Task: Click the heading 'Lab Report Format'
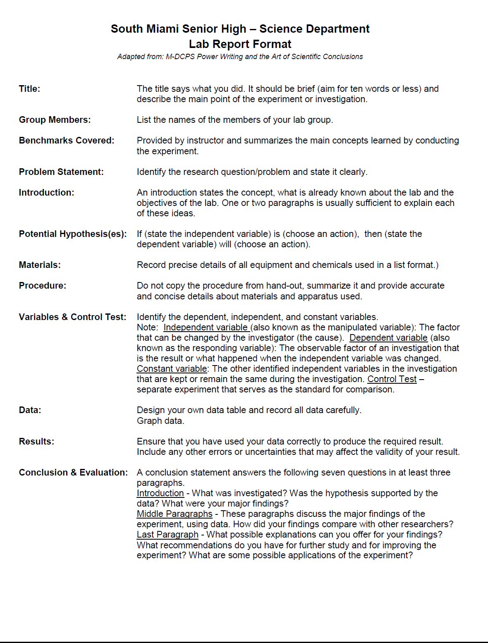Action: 240,44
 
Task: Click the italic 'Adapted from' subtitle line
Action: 240,57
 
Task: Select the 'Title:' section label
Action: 29,89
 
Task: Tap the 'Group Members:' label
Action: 55,120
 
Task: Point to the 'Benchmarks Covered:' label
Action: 67,141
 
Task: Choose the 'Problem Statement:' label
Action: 61,172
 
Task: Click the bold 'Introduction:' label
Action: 46,193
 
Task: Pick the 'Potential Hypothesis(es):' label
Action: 73,234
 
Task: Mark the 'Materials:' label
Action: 40,265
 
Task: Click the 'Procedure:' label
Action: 42,286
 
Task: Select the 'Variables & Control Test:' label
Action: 72,317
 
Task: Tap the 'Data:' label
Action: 30,410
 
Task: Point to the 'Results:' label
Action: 36,442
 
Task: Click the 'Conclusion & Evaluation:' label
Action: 73,473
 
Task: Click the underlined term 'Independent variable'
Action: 206,327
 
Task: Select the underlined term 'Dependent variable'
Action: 388,338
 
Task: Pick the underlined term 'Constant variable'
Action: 172,369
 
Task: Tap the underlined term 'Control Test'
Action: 392,379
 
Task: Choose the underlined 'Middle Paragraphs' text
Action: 175,514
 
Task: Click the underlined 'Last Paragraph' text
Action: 167,535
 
